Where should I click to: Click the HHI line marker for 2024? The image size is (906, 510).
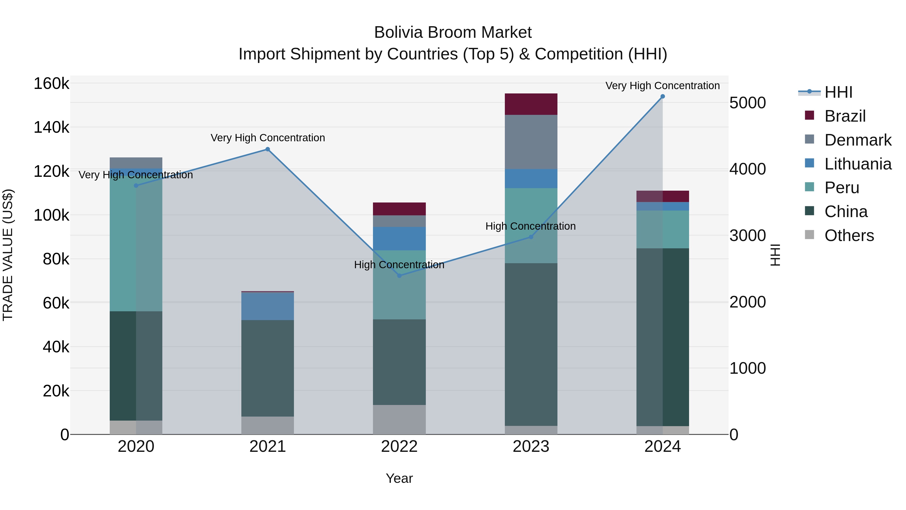click(x=662, y=96)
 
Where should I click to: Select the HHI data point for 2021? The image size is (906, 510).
click(x=267, y=149)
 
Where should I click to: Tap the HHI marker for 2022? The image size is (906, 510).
click(x=399, y=276)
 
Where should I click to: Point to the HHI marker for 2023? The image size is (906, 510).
click(x=531, y=237)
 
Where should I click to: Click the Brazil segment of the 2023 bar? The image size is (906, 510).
click(x=531, y=104)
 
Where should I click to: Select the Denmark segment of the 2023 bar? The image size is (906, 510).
click(x=531, y=142)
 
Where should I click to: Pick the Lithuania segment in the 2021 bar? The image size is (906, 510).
click(x=267, y=306)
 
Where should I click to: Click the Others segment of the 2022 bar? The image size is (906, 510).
click(x=399, y=420)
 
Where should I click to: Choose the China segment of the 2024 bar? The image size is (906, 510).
click(x=662, y=337)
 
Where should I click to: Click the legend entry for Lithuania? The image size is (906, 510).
click(x=857, y=164)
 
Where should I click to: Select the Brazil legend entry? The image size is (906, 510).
click(x=845, y=116)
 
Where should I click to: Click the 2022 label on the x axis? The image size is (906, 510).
click(x=399, y=447)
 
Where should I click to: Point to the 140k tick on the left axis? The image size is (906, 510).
click(x=51, y=127)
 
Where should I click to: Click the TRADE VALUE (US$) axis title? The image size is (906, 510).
click(x=8, y=255)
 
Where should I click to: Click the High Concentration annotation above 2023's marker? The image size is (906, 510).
click(x=530, y=226)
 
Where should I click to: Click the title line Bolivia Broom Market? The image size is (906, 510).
click(x=453, y=32)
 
